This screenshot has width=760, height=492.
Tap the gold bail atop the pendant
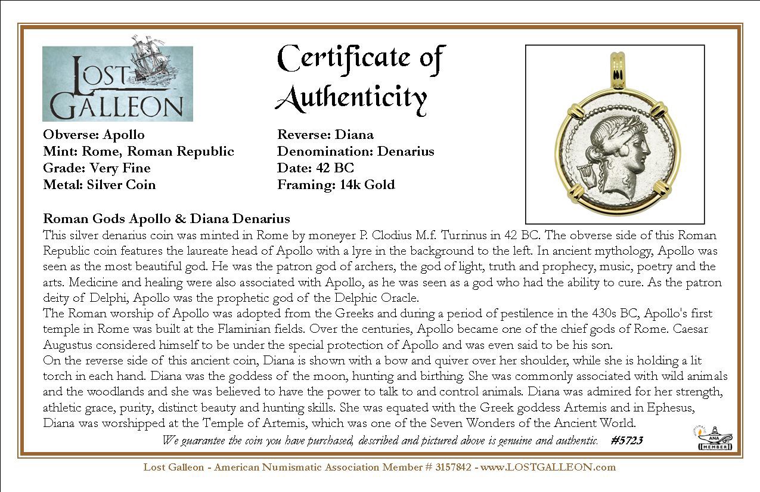[x=613, y=78]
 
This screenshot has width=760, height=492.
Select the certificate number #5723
[x=626, y=441]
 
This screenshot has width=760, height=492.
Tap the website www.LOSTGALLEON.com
[x=548, y=467]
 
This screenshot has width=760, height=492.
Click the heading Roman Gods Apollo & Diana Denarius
[x=166, y=218]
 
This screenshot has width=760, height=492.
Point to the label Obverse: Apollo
[x=94, y=135]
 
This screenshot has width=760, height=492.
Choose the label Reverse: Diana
[x=325, y=135]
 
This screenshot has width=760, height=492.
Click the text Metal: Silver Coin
[x=99, y=185]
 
